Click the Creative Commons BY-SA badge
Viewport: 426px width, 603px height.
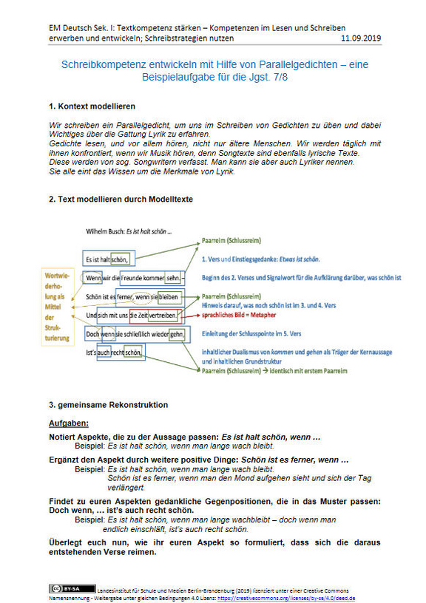coord(72,588)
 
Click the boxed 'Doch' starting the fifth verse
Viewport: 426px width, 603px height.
coord(93,335)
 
